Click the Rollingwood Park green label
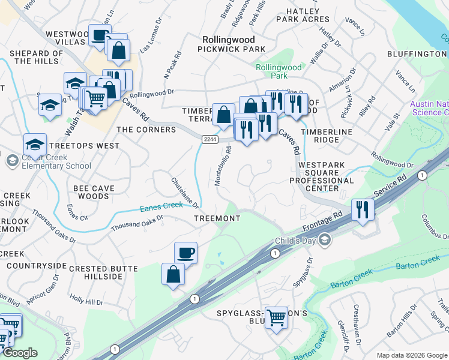click(x=279, y=72)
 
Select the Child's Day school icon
click(x=325, y=241)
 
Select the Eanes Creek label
click(x=160, y=206)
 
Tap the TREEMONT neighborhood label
click(x=217, y=218)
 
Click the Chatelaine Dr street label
click(x=185, y=193)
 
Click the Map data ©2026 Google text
click(x=411, y=355)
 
